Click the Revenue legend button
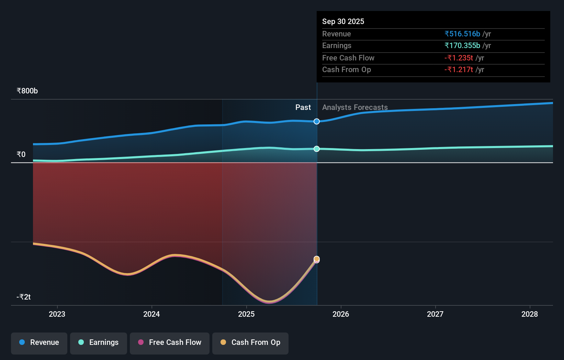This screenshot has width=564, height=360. [39, 342]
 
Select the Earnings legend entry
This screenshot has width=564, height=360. [99, 342]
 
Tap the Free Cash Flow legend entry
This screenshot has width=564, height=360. [170, 342]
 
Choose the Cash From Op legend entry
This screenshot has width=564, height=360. [250, 342]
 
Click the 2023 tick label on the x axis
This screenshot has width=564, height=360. [57, 314]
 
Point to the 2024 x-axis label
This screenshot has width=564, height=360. [151, 314]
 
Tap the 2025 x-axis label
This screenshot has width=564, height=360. [246, 314]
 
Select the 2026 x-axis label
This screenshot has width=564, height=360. [341, 314]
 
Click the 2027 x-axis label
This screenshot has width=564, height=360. [435, 314]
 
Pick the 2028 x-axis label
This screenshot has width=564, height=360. [530, 314]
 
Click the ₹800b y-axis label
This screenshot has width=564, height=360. [27, 91]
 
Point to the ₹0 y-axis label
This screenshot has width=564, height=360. [21, 155]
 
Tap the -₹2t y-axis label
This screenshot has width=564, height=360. [24, 297]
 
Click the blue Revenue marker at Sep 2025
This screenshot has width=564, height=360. [317, 121]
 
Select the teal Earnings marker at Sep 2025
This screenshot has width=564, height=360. [317, 149]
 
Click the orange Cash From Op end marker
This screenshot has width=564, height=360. [317, 259]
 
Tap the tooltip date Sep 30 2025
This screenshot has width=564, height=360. [343, 22]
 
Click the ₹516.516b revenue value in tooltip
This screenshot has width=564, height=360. [462, 34]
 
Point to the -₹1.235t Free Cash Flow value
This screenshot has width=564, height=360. [459, 58]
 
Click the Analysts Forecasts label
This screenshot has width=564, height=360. [355, 108]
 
